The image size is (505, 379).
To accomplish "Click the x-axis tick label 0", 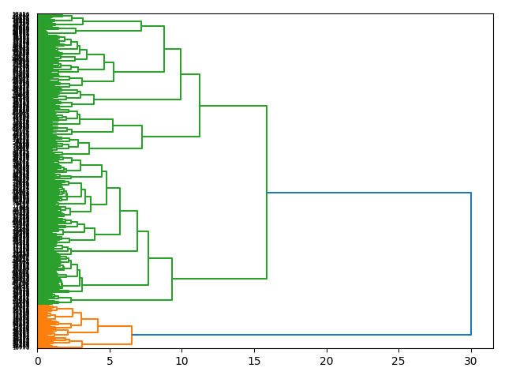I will (37, 360).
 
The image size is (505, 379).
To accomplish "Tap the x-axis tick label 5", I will (110, 360).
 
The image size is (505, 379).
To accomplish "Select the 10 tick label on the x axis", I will (181, 360).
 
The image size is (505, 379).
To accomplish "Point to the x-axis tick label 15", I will (254, 360).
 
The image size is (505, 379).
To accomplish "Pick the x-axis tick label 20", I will (326, 360).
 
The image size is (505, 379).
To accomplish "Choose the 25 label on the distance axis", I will (398, 360).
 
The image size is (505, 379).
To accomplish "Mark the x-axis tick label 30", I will (470, 360).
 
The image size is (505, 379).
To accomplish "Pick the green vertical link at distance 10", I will (181, 74).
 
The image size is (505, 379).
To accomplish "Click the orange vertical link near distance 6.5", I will (132, 335).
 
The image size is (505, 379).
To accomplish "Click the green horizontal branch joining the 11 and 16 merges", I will (233, 106).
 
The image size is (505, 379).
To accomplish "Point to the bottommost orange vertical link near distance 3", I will (82, 344).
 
